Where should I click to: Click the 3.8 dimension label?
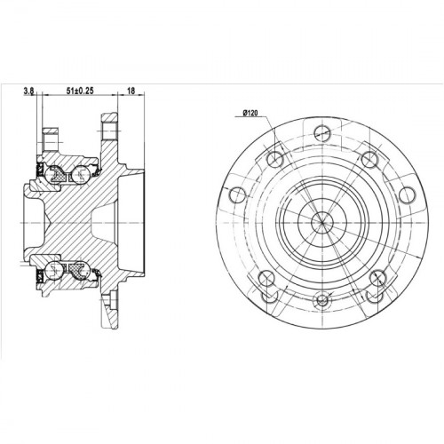28,91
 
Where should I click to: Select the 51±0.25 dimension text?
80,91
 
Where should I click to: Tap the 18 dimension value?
131,91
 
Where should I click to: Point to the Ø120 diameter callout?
250,113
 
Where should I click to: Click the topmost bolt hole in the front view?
322,133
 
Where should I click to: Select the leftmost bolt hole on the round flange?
237,195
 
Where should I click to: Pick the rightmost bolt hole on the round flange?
407,195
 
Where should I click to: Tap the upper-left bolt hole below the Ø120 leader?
275,159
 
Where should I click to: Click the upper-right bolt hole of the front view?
369,159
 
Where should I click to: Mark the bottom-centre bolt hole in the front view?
322,300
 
